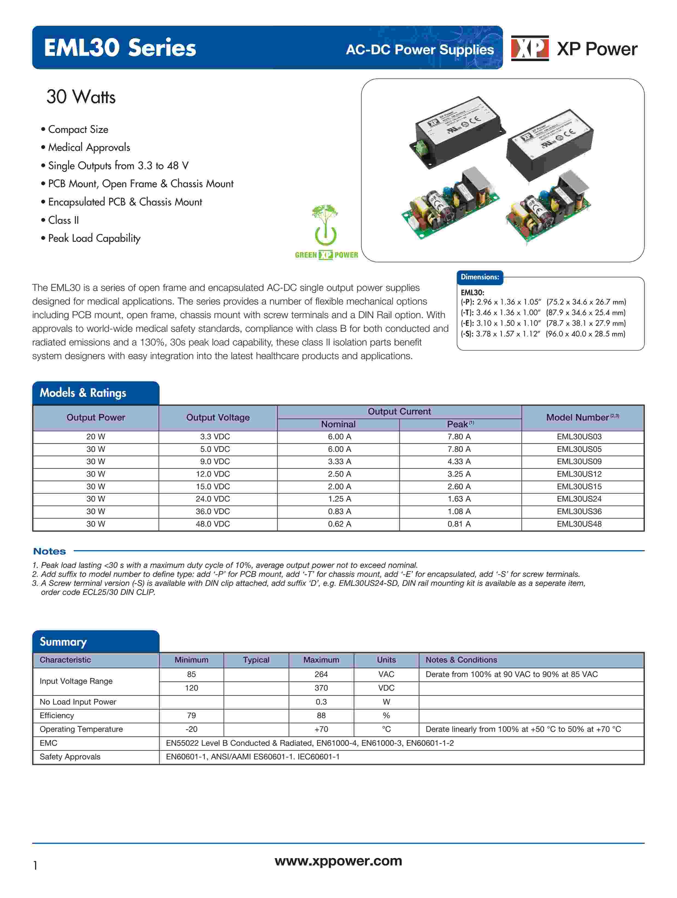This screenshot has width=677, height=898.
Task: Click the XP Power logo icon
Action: click(530, 48)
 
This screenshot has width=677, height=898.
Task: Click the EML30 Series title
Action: click(120, 48)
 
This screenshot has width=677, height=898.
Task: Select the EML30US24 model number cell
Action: click(579, 499)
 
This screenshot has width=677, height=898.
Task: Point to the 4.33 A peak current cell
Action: click(459, 462)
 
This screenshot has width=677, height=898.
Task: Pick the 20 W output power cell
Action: click(96, 437)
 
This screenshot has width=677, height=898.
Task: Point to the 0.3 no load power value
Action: click(321, 702)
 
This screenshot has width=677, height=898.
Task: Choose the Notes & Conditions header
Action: click(461, 660)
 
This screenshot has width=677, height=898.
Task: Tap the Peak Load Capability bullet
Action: click(94, 238)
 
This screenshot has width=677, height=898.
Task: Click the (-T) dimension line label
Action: click(467, 313)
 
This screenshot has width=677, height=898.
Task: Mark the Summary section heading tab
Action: click(63, 642)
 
